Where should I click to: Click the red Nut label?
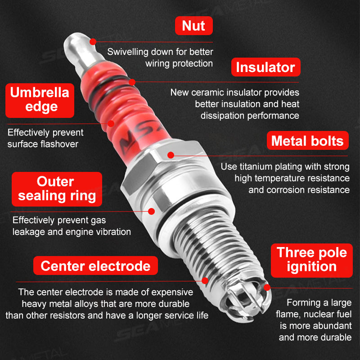pyautogui.click(x=193, y=26)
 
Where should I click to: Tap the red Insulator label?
pyautogui.click(x=265, y=67)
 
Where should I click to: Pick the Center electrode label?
pyautogui.click(x=95, y=265)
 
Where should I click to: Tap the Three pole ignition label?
pyautogui.click(x=312, y=259)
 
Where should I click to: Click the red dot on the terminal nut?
pyautogui.click(x=93, y=41)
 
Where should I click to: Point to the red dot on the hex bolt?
pyautogui.click(x=171, y=155)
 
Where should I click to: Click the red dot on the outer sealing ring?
pyautogui.click(x=151, y=210)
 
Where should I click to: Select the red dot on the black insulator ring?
pyautogui.click(x=132, y=82)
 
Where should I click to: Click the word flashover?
pyautogui.click(x=59, y=144)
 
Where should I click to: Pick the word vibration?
pyautogui.click(x=112, y=232)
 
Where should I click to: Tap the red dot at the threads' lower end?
pyautogui.click(x=205, y=280)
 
